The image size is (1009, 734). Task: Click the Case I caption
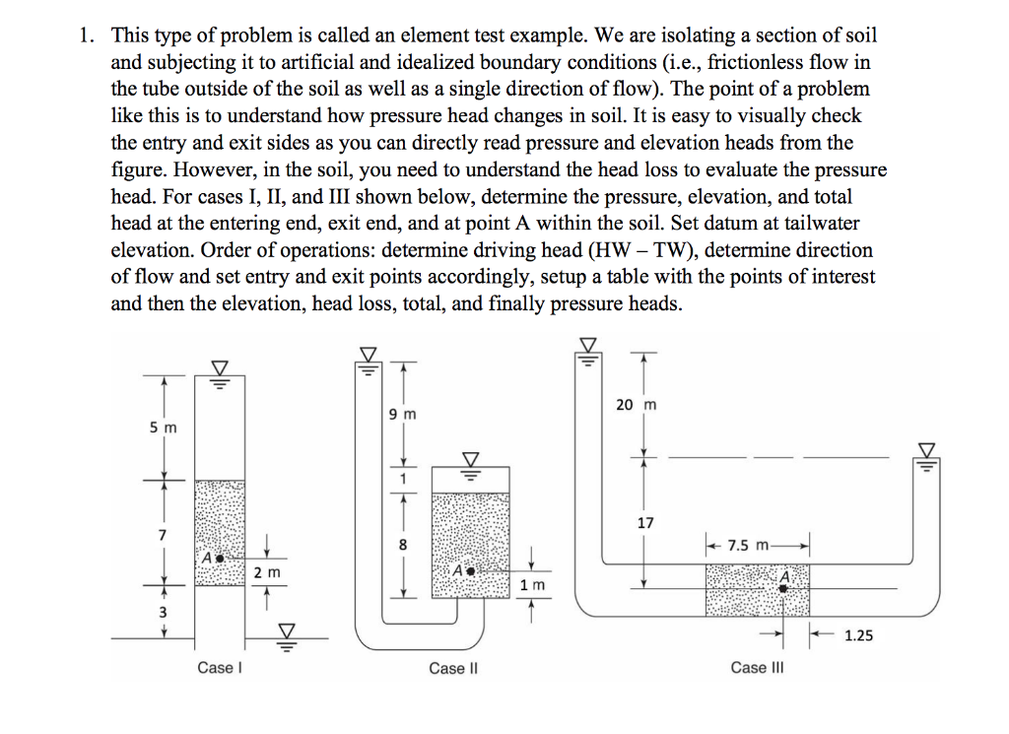(x=216, y=668)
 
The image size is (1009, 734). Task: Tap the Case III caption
(x=757, y=668)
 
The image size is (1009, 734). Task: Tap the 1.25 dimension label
(x=858, y=635)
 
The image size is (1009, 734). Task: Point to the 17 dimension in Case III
(x=645, y=523)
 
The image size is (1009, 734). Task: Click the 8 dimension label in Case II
(x=402, y=545)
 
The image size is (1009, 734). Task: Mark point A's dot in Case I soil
(x=220, y=558)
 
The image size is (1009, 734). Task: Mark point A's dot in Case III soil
(x=783, y=587)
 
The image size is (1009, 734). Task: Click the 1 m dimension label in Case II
(x=530, y=586)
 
